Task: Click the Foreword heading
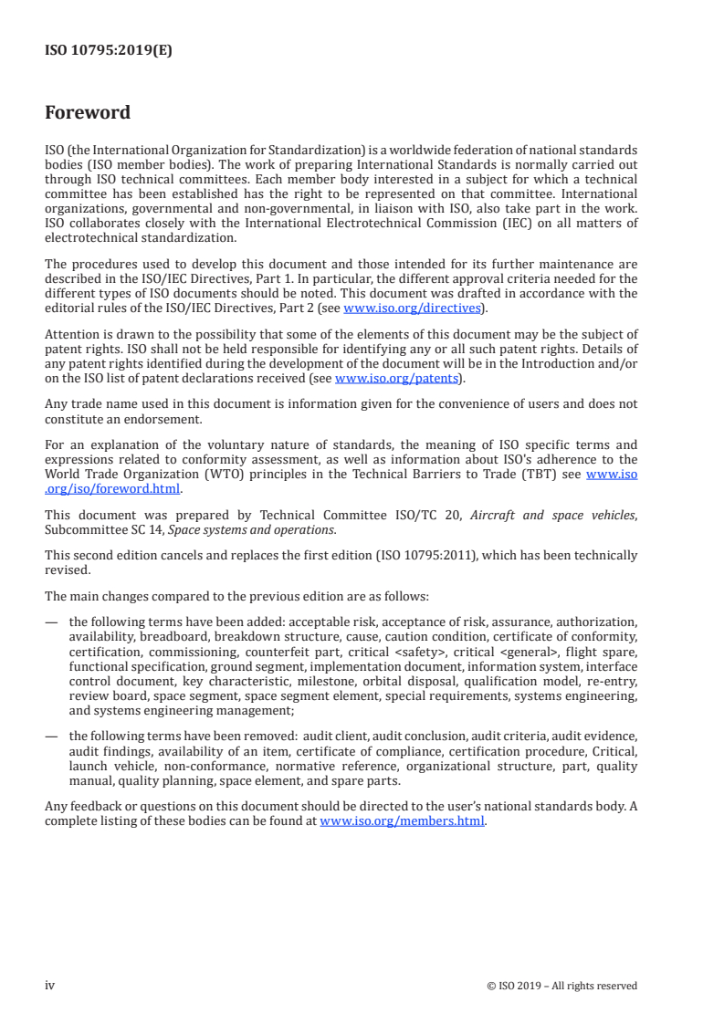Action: [88, 113]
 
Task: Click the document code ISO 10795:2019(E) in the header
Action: [109, 51]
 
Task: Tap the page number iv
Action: [50, 985]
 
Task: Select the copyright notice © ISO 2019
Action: [562, 986]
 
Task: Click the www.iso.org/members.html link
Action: [403, 820]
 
